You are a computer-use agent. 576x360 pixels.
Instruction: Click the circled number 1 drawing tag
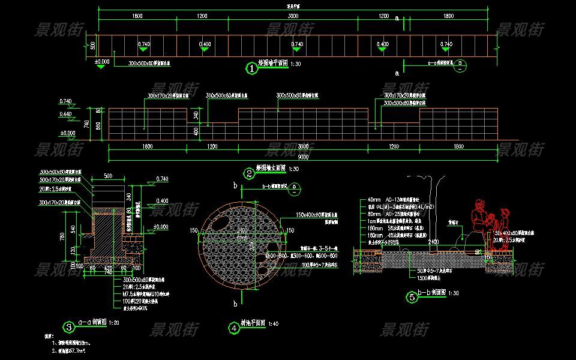(x=252, y=68)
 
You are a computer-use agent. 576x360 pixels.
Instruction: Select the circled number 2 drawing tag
(x=248, y=174)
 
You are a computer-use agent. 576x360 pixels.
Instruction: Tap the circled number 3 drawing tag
(x=69, y=327)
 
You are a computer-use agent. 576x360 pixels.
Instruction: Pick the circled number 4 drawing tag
(x=234, y=328)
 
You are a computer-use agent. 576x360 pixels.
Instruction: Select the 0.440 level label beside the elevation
(x=65, y=114)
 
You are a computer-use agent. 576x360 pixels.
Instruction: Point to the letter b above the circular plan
(x=235, y=186)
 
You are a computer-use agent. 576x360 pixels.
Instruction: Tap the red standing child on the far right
(x=506, y=222)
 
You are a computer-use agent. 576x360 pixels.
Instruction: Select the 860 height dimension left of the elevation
(x=99, y=124)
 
